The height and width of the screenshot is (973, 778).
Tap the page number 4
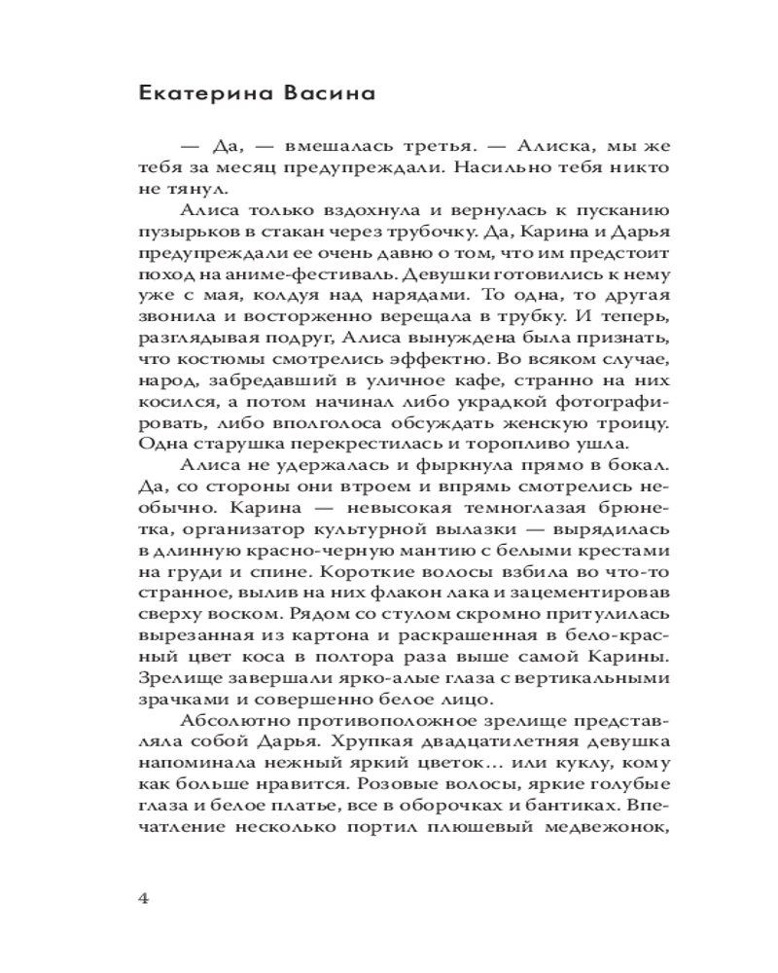[x=145, y=897]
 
